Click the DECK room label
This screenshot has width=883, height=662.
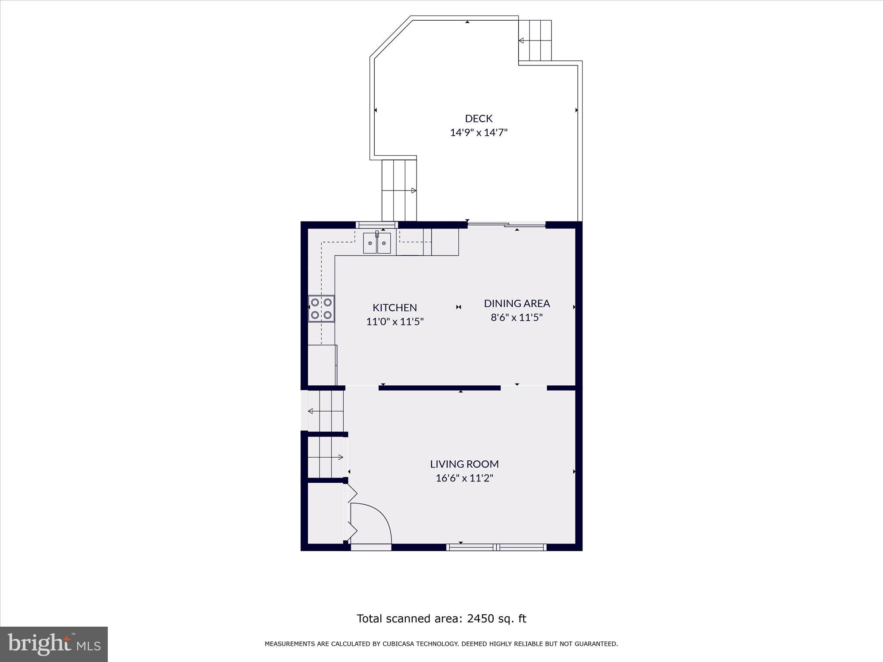[x=479, y=119]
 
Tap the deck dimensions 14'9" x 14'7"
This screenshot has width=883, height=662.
[x=479, y=132]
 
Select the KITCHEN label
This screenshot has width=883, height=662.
[x=395, y=308]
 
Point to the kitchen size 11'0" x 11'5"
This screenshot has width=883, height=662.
[x=395, y=322]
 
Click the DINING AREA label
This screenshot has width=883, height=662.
[x=517, y=303]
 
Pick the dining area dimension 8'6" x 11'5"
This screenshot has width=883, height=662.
[x=517, y=318]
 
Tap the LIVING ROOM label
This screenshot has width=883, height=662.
[x=464, y=464]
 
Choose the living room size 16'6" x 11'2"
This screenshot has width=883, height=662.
[x=464, y=478]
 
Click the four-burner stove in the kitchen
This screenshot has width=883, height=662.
[x=321, y=309]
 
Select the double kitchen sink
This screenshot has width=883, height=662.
[x=377, y=244]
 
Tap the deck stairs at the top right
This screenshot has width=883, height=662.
[x=535, y=41]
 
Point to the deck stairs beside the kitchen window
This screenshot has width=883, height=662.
[x=399, y=190]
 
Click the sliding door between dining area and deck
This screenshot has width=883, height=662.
[x=507, y=225]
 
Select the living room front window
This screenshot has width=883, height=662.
[x=496, y=547]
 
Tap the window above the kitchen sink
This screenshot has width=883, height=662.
[x=376, y=225]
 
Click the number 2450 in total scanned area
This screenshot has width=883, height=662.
[x=481, y=619]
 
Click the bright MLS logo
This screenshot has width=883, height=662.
[x=54, y=644]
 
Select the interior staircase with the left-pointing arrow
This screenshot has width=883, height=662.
[x=326, y=411]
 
